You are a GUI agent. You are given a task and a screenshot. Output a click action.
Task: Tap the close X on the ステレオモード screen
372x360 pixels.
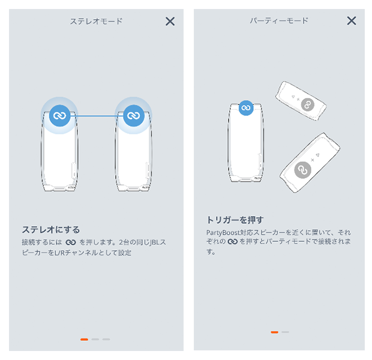[x=170, y=22]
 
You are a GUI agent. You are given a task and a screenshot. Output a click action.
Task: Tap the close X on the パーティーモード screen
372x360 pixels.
[x=352, y=20]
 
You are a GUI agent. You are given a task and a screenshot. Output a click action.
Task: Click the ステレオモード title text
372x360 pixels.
[x=97, y=22]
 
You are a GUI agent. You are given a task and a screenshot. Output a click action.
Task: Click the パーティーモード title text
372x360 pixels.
[x=279, y=20]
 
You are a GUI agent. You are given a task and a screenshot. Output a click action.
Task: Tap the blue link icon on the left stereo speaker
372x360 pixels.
[x=59, y=116]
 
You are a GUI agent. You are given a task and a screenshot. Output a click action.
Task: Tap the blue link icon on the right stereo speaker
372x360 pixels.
[x=134, y=116]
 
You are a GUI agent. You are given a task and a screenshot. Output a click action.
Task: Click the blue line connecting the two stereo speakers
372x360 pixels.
[x=97, y=116]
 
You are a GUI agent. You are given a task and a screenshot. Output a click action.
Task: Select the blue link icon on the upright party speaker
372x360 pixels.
[x=246, y=108]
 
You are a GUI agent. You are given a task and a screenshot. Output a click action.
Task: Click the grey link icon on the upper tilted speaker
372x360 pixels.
[x=308, y=104]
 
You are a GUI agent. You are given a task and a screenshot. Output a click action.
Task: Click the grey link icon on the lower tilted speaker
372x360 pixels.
[x=302, y=170]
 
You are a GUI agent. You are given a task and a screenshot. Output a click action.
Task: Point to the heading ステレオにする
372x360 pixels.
[x=51, y=229]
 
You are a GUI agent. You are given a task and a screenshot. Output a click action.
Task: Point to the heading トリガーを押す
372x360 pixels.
[x=235, y=220]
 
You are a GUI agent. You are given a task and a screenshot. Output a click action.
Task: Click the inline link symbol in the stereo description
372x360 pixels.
[x=71, y=242]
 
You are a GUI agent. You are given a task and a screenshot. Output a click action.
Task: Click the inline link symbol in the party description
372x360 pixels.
[x=233, y=242]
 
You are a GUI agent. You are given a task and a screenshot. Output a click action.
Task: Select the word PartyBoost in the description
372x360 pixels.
[x=223, y=233]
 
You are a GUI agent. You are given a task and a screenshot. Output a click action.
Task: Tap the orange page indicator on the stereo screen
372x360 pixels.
[x=84, y=340]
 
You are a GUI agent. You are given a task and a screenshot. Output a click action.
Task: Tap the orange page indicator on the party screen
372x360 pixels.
[x=274, y=332]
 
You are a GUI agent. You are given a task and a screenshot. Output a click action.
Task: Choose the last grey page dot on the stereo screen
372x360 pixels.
[x=106, y=340]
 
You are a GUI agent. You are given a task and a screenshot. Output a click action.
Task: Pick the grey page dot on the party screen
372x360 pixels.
[x=285, y=332]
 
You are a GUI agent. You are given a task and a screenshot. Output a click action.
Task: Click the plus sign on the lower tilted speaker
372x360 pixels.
[x=313, y=160]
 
